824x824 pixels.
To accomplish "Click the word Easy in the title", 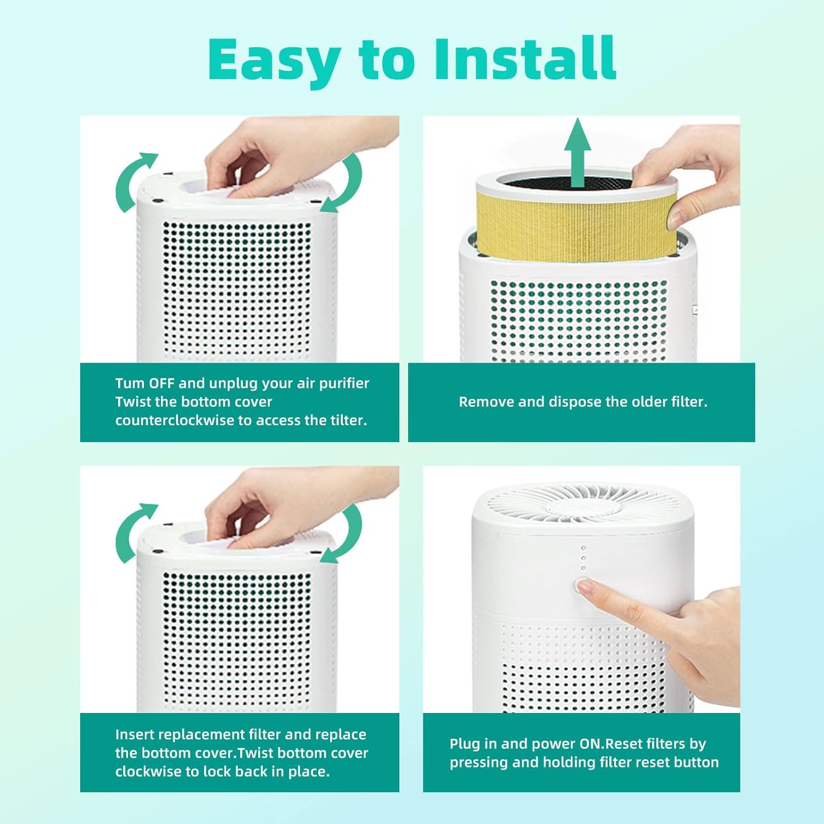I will click(x=273, y=60).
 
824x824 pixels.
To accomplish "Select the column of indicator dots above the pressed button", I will click(x=583, y=558).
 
